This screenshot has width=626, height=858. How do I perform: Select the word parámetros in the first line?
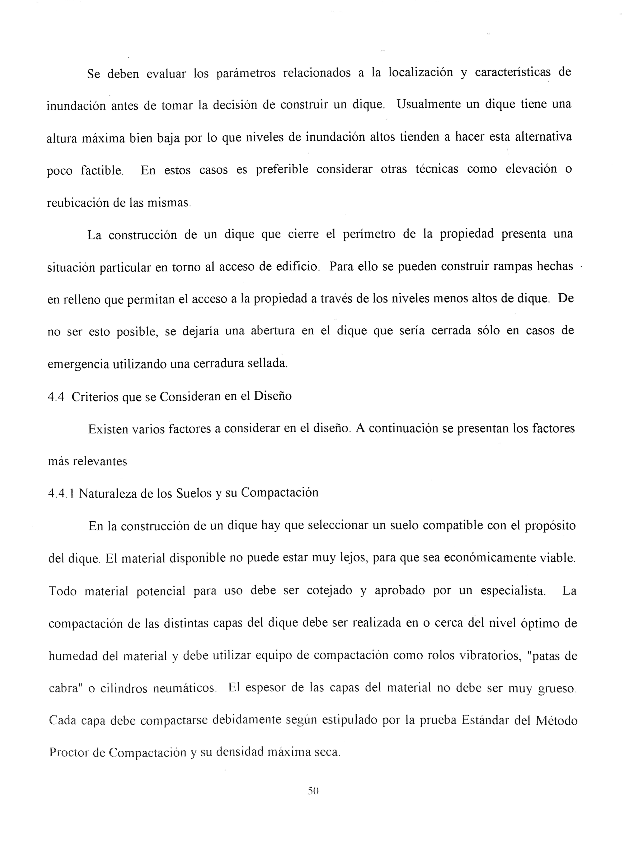point(246,73)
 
